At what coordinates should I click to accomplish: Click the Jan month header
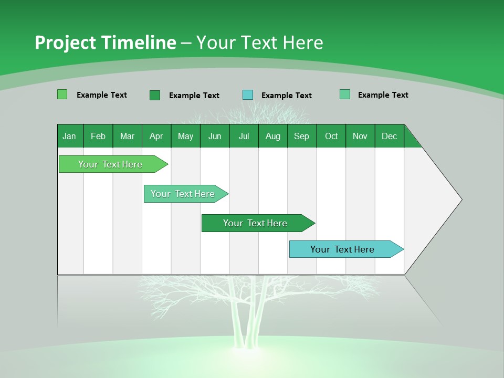pyautogui.click(x=70, y=136)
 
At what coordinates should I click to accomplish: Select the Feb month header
pyautogui.click(x=98, y=136)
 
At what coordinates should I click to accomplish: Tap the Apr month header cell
pyautogui.click(x=156, y=136)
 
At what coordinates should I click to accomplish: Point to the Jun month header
pyautogui.click(x=215, y=136)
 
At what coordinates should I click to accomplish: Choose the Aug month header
pyautogui.click(x=273, y=136)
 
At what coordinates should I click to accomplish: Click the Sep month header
pyautogui.click(x=302, y=136)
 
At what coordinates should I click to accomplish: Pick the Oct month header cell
pyautogui.click(x=331, y=136)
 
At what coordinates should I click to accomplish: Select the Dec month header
pyautogui.click(x=390, y=136)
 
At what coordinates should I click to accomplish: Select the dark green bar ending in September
pyautogui.click(x=256, y=223)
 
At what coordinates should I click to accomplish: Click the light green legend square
pyautogui.click(x=62, y=94)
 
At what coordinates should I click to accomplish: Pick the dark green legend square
pyautogui.click(x=155, y=95)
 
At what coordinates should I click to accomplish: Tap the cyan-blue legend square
pyautogui.click(x=248, y=95)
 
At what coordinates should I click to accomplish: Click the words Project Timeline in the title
pyautogui.click(x=105, y=43)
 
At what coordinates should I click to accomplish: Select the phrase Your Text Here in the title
pyautogui.click(x=260, y=43)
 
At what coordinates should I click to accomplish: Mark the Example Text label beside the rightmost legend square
pyautogui.click(x=383, y=95)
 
